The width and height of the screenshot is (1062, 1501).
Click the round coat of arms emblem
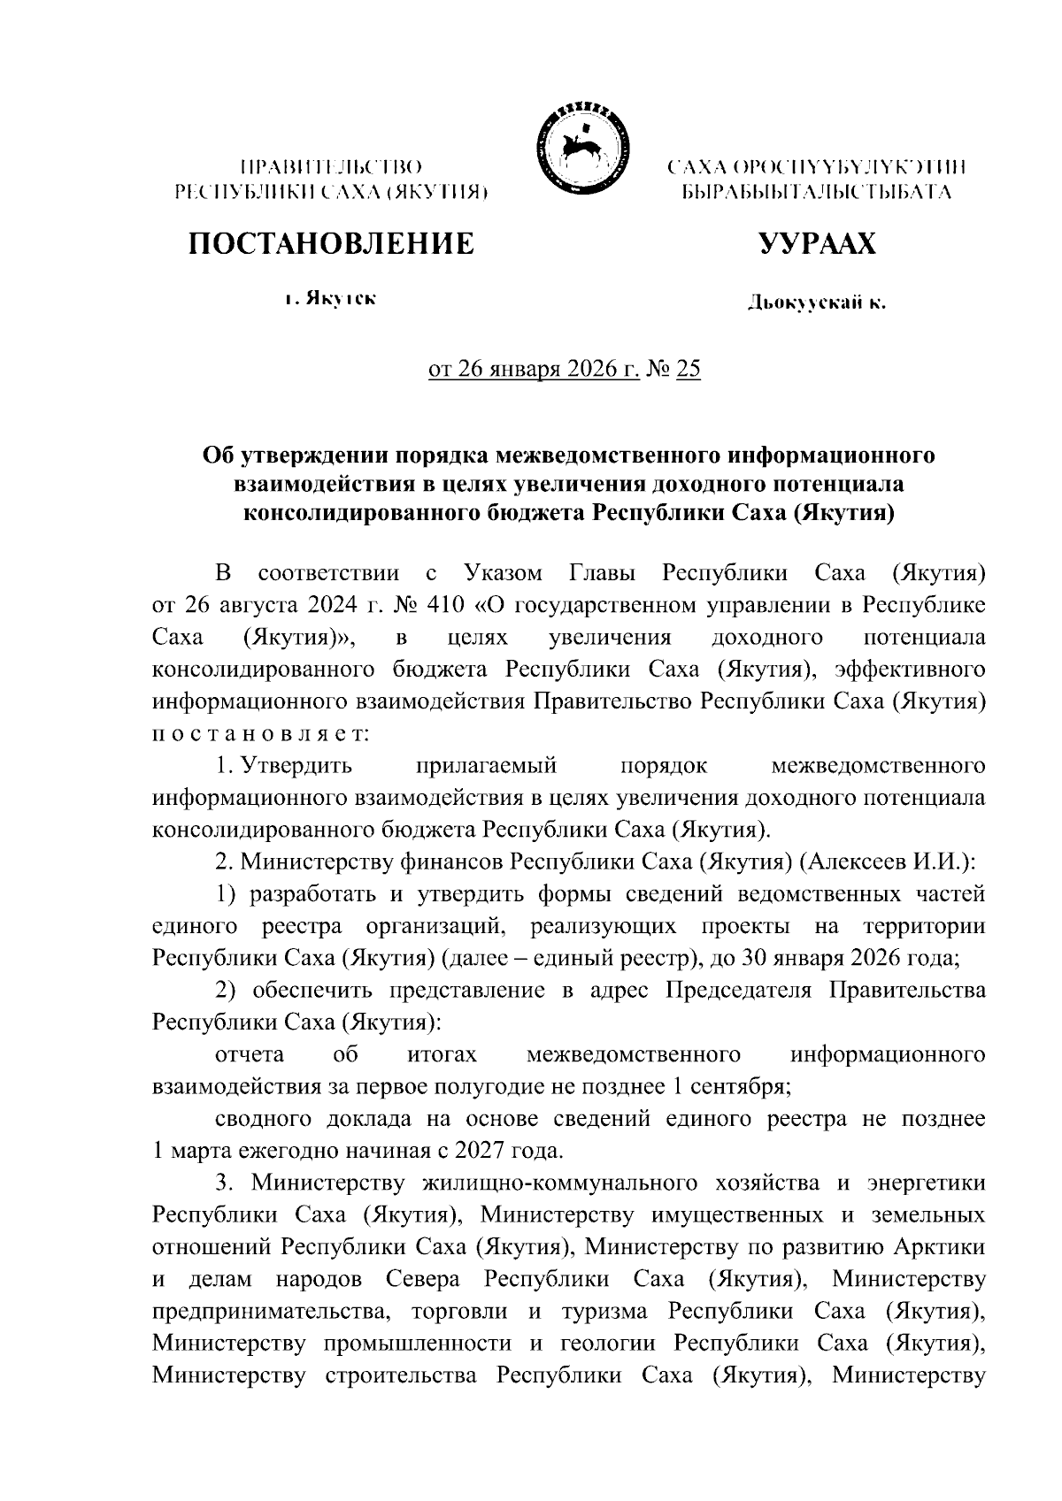pyautogui.click(x=576, y=146)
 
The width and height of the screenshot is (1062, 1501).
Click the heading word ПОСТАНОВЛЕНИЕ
pyautogui.click(x=329, y=243)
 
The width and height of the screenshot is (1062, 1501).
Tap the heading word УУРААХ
pyautogui.click(x=816, y=243)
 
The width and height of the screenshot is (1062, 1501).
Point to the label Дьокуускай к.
pyautogui.click(x=815, y=303)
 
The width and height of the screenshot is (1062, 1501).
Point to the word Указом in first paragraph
pyautogui.click(x=503, y=573)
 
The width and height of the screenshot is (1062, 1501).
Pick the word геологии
pyautogui.click(x=606, y=1343)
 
